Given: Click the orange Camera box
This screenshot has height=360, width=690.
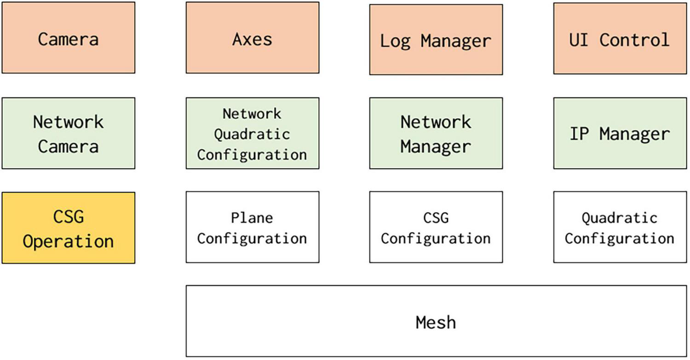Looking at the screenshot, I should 68,38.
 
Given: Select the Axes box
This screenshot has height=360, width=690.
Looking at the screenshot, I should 252,38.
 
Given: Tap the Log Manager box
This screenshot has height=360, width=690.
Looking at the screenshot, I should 436,40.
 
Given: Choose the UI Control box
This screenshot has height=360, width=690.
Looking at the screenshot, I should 620,39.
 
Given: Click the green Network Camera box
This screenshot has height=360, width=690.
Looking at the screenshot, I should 68,133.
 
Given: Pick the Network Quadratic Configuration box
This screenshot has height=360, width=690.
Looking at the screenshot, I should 252,133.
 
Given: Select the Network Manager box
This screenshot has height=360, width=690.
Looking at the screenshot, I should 436,133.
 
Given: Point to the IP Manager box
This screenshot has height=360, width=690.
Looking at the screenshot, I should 620,133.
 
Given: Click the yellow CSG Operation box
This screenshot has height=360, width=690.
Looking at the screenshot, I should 68,228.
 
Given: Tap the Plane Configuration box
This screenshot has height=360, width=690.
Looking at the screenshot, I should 252,227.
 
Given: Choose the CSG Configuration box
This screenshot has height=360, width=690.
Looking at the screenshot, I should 436,227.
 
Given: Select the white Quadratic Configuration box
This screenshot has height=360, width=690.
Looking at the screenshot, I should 620,227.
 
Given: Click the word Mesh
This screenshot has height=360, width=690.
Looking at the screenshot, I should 436,322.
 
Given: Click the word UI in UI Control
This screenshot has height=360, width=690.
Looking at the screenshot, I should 579,40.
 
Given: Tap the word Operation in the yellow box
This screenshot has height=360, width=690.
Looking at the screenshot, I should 68,241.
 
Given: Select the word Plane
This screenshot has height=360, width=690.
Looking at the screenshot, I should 252,217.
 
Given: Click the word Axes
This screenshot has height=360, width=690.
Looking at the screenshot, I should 252,39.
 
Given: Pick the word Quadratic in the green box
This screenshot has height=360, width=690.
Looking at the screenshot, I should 252,134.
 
